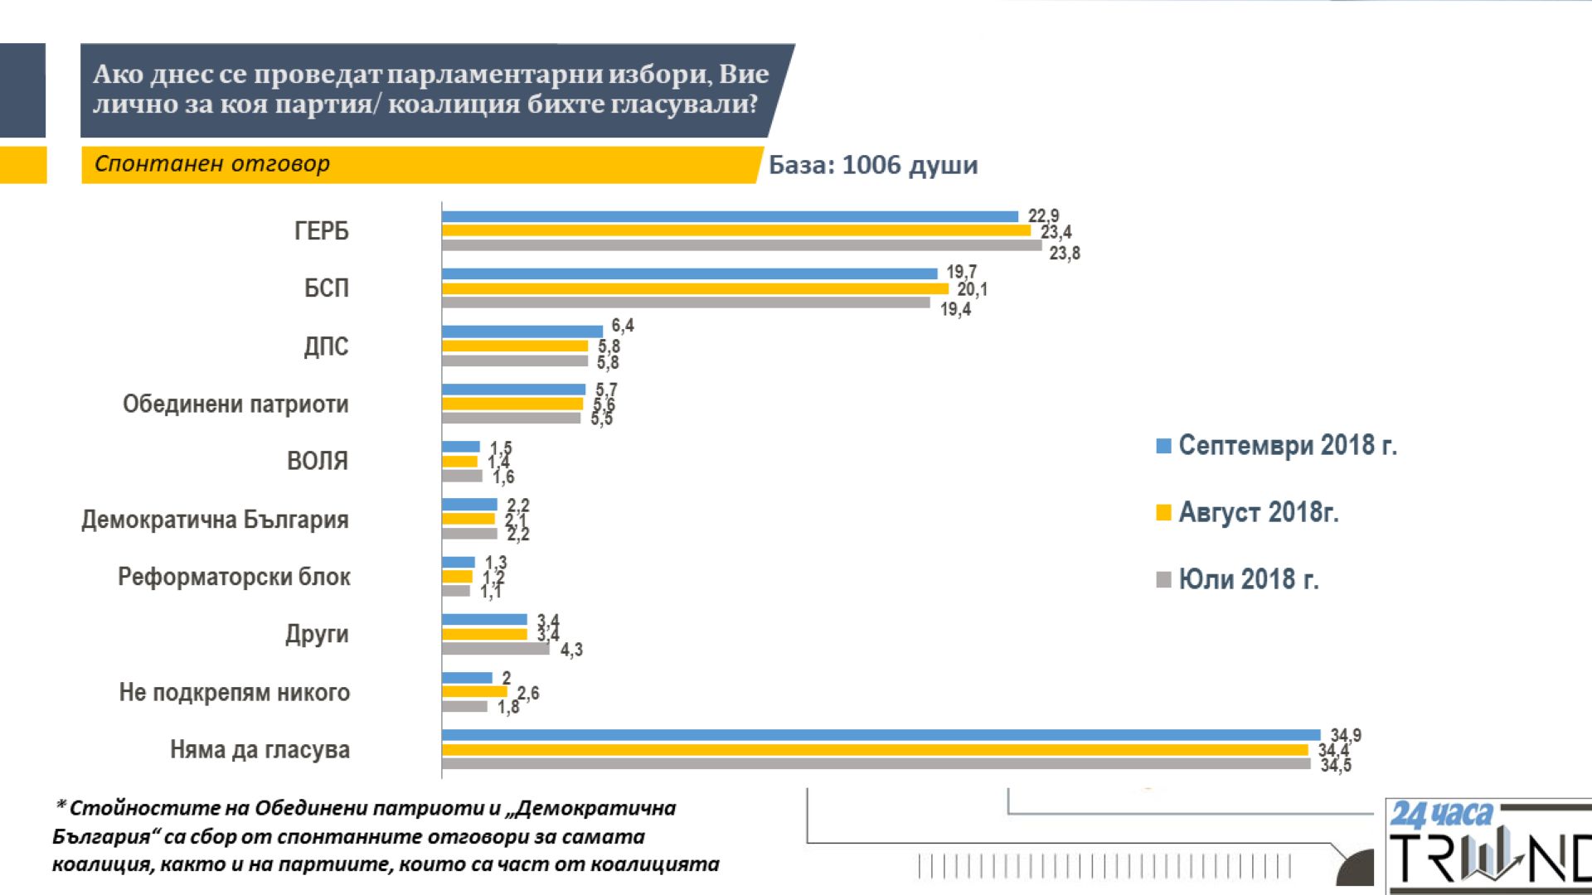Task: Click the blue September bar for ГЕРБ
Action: [730, 216]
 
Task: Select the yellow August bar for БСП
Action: [695, 288]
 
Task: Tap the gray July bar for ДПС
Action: [514, 360]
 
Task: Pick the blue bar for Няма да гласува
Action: [881, 735]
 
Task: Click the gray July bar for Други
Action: [495, 648]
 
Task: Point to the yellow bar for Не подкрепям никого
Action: [474, 691]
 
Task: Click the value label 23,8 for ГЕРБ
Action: [1065, 254]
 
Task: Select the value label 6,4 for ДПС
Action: [623, 326]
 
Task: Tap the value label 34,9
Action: [1346, 735]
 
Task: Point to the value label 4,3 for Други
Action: [571, 650]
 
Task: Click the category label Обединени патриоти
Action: [235, 404]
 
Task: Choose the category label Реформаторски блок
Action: [234, 577]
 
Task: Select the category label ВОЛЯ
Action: [318, 461]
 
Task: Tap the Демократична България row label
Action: [215, 520]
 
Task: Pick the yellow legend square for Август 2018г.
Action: [1163, 513]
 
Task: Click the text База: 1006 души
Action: [873, 165]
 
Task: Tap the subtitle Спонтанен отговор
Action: [212, 164]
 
